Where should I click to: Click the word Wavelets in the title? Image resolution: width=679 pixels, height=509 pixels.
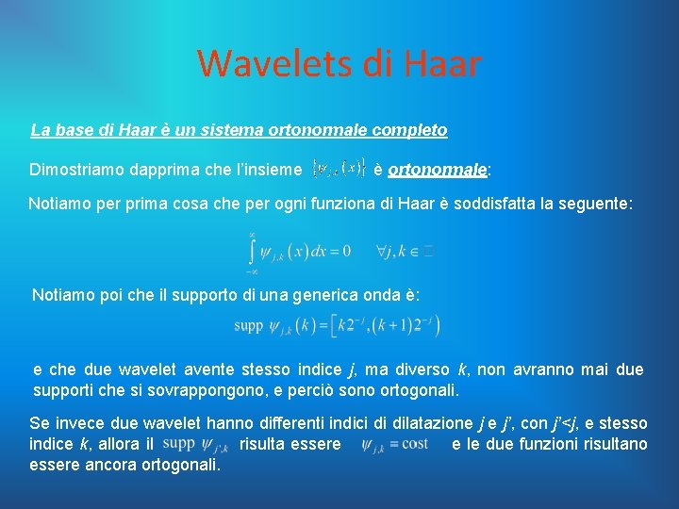[269, 64]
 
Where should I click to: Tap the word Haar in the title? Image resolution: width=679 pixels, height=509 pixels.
[440, 64]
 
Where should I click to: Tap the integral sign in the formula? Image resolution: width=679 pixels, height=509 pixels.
[253, 250]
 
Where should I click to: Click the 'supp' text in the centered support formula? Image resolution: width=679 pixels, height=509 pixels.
[249, 326]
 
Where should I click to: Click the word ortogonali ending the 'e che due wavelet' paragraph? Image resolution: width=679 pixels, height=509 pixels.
[421, 389]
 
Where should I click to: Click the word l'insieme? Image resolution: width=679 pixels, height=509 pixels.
[267, 170]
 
